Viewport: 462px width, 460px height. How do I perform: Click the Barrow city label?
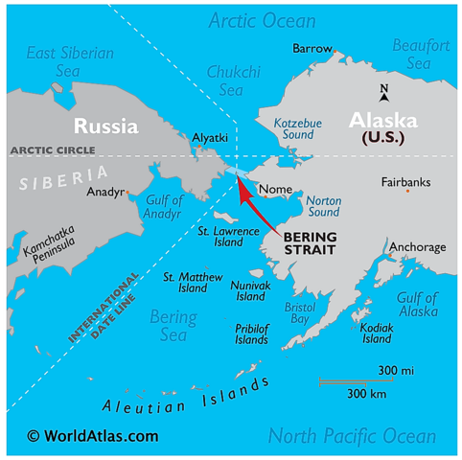(x=312, y=48)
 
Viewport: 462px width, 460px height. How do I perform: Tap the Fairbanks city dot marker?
(x=407, y=191)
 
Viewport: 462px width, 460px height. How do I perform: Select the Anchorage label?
(x=418, y=247)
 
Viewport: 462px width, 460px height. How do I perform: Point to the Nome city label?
(x=275, y=190)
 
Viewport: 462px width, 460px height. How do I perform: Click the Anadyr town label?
(x=105, y=192)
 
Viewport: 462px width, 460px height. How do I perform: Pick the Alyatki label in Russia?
(x=210, y=138)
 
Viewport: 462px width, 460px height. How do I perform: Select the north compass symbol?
(x=384, y=93)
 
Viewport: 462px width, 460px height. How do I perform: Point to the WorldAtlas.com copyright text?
(x=93, y=435)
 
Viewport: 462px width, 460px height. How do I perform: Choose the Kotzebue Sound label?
(x=296, y=129)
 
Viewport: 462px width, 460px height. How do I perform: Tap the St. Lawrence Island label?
(x=228, y=237)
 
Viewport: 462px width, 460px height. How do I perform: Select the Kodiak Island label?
(x=377, y=333)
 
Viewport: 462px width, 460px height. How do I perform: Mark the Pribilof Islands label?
(x=251, y=333)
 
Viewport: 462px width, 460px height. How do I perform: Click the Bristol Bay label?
(x=300, y=312)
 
